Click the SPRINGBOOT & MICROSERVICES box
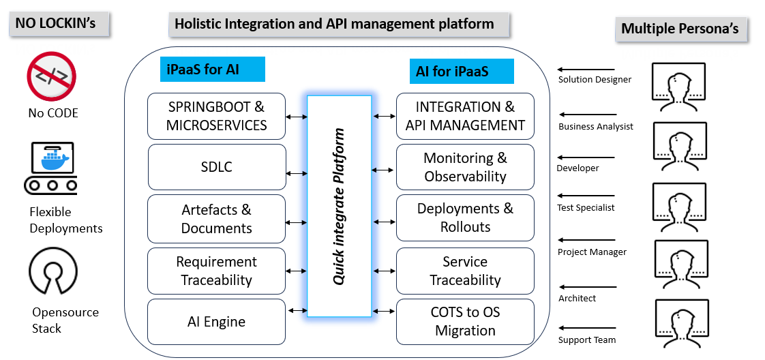pos(217,116)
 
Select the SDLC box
pos(217,166)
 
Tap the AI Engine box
pos(217,321)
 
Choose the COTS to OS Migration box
pos(465,321)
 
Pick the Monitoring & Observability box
pos(465,167)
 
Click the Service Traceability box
pos(465,271)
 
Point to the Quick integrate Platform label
pos(339,206)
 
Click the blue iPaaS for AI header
pos(213,70)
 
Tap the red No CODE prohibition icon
pos(52,76)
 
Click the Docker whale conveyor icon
pos(51,167)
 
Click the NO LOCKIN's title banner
pos(61,25)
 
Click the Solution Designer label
pos(595,79)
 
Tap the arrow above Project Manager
pos(586,240)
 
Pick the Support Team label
pos(586,340)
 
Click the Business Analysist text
pos(595,126)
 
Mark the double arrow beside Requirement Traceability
pos(297,271)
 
